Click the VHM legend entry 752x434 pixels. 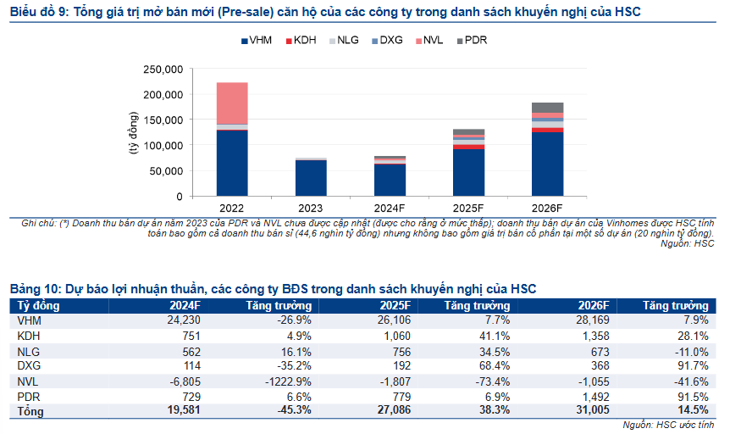point(257,40)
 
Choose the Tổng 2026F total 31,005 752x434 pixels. point(592,412)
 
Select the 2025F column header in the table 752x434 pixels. point(395,306)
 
